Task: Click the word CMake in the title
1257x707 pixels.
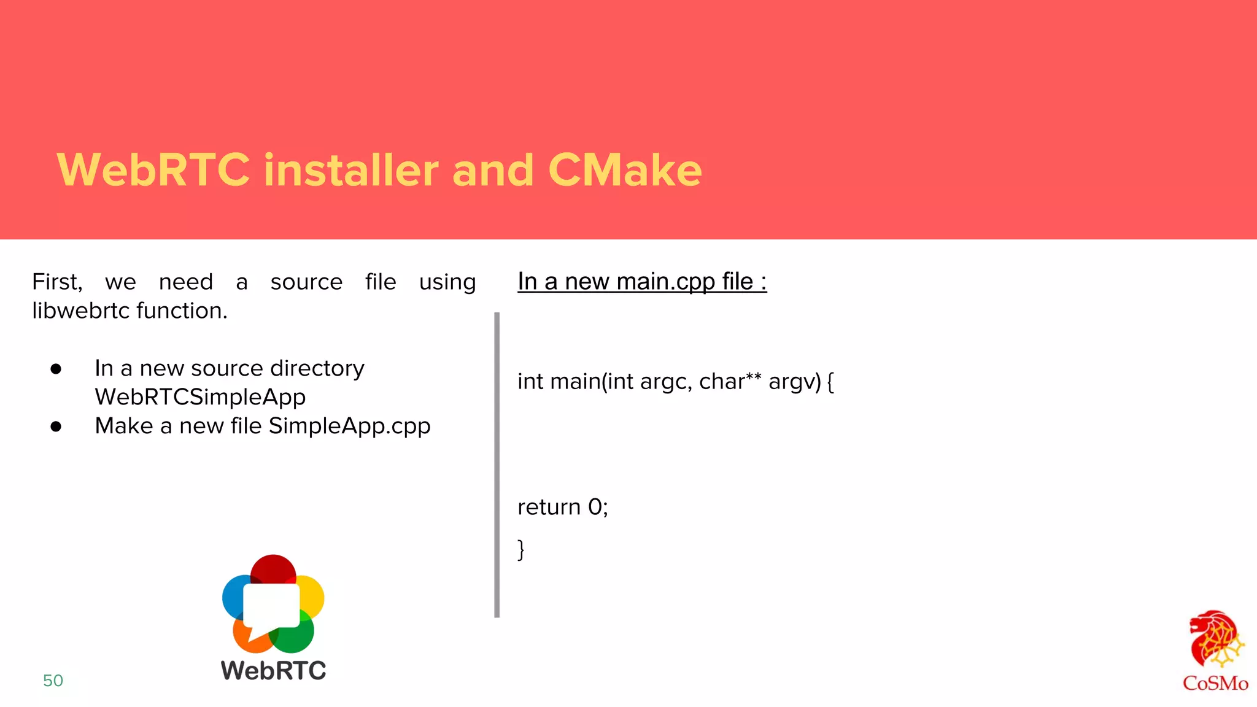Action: click(625, 170)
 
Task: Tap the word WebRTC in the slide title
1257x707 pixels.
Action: click(153, 170)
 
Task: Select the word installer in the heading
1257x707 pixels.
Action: click(351, 170)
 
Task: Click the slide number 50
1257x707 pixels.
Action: click(53, 681)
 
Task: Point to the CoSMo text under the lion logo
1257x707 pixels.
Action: click(1215, 683)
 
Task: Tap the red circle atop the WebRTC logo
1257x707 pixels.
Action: click(273, 568)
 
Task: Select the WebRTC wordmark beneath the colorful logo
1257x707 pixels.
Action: click(273, 671)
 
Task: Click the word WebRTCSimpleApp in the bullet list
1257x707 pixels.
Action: click(200, 397)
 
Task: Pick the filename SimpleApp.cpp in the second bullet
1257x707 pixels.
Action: click(349, 426)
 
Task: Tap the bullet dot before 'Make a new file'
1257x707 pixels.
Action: click(56, 427)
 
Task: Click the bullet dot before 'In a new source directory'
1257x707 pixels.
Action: click(56, 369)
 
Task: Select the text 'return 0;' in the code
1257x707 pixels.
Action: click(562, 507)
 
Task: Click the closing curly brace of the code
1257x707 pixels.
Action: click(521, 549)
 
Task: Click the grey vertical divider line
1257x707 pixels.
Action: click(497, 465)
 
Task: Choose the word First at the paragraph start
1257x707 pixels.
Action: click(56, 282)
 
